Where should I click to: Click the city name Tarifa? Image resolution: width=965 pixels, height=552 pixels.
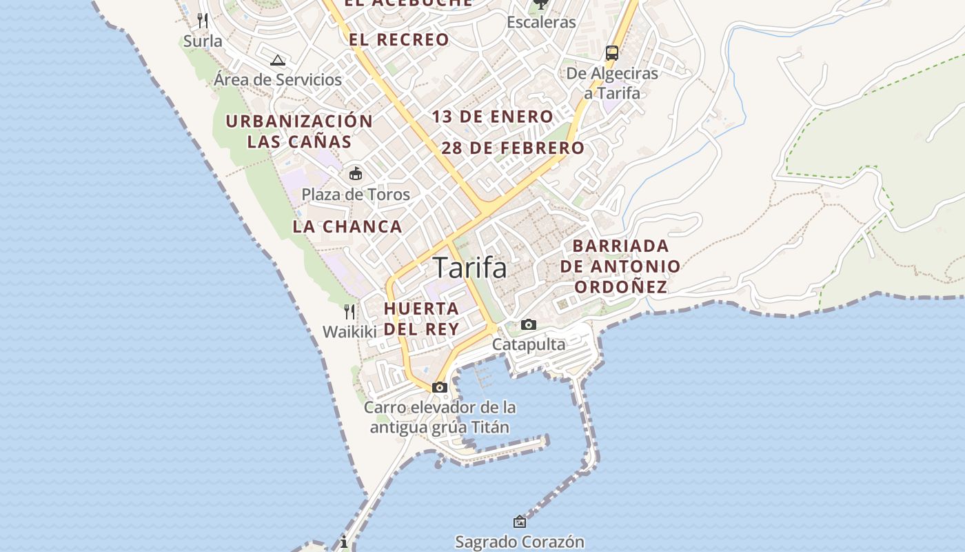tap(470, 268)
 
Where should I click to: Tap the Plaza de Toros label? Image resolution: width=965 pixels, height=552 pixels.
tap(356, 195)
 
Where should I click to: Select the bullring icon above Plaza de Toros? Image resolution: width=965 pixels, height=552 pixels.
tap(356, 173)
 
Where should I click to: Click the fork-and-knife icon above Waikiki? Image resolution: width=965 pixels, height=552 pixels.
tap(349, 311)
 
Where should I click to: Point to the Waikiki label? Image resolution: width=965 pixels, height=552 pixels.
tap(349, 332)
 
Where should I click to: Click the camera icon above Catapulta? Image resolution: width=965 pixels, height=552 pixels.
tap(528, 324)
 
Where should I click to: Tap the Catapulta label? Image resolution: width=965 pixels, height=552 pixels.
tap(528, 344)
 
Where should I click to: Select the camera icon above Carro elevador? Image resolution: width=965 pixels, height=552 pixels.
tap(440, 387)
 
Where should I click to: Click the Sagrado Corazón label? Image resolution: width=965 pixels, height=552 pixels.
tap(520, 542)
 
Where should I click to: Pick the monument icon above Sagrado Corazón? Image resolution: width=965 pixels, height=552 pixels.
tap(520, 522)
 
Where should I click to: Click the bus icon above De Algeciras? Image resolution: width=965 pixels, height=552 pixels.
tap(611, 53)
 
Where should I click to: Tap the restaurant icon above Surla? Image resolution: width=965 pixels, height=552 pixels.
tap(203, 20)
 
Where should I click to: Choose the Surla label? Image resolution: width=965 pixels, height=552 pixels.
tap(203, 41)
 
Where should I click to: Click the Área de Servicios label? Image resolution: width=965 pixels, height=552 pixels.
tap(278, 80)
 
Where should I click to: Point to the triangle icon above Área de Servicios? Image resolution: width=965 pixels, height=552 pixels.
tap(278, 60)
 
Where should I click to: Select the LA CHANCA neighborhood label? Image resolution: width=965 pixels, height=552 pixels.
tap(347, 226)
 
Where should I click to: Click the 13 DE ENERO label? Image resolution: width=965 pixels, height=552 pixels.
tap(493, 117)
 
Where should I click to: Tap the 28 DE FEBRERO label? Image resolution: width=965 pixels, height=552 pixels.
tap(513, 148)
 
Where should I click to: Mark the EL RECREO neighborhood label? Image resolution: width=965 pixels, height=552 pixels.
tap(399, 40)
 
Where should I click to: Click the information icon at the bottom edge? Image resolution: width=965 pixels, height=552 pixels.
tap(343, 542)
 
